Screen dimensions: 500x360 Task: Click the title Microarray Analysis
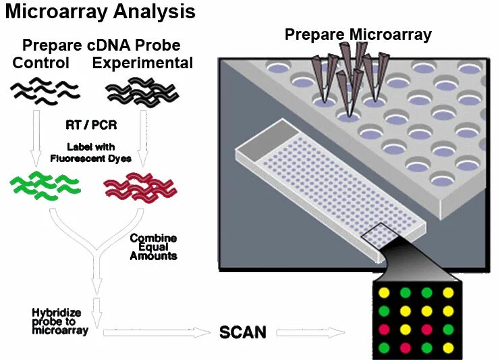(x=101, y=12)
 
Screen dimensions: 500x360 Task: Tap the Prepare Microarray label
(x=358, y=34)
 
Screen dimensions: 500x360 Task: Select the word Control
(x=41, y=63)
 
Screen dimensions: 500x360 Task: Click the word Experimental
(x=143, y=63)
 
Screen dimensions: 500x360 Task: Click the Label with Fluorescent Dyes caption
(x=91, y=153)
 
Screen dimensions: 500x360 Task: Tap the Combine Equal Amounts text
(x=153, y=247)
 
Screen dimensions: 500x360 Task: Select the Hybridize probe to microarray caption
(x=60, y=322)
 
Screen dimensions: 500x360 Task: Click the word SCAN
(x=243, y=332)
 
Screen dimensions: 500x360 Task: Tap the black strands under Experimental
(x=141, y=93)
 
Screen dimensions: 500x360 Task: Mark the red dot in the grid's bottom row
(x=406, y=348)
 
